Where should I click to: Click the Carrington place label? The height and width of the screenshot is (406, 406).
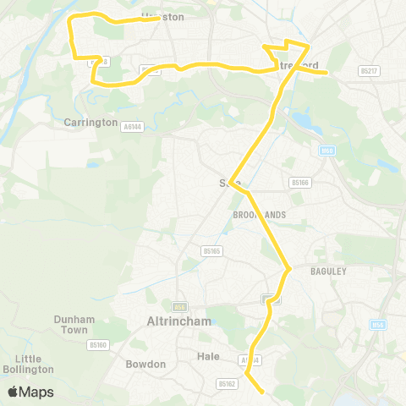point(91,123)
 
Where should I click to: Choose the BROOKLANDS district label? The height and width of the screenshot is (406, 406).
point(259,215)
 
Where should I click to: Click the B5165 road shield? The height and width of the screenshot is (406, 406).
point(211,250)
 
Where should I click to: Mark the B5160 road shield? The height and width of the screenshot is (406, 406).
point(98,344)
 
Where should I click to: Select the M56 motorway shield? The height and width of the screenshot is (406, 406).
point(378,325)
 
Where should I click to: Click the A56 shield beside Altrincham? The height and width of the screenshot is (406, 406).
point(179,306)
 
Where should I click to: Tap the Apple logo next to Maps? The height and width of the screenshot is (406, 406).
point(13,392)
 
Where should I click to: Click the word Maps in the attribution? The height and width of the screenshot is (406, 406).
point(37,392)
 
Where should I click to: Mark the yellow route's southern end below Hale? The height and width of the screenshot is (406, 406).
point(265,392)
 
